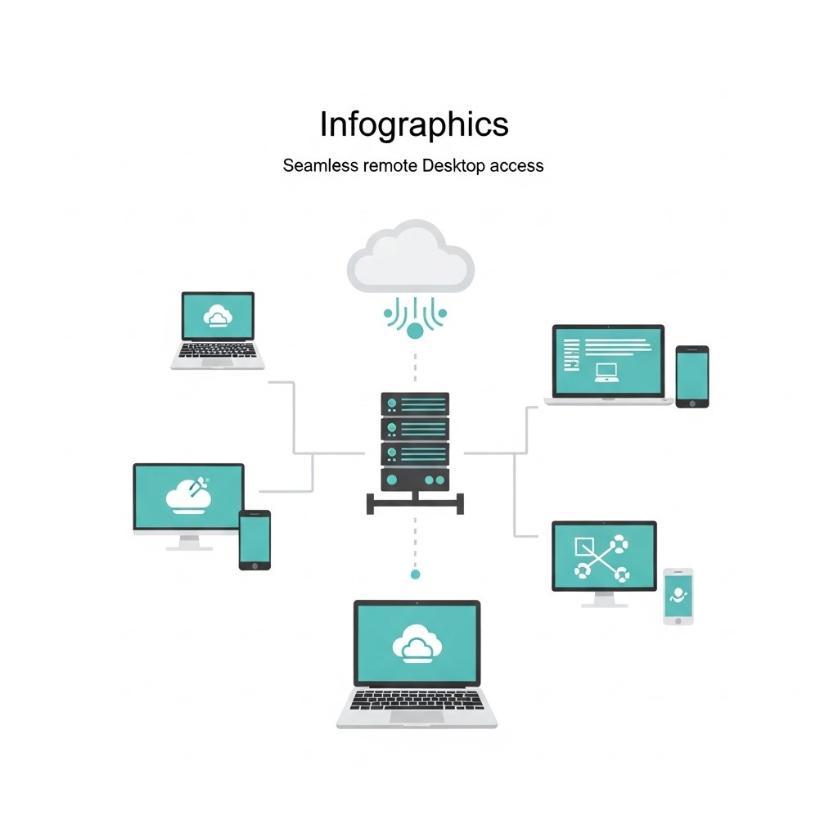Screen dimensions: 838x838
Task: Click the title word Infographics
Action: (x=414, y=125)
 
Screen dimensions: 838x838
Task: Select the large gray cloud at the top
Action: (x=411, y=256)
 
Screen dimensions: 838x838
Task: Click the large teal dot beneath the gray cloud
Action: (x=415, y=331)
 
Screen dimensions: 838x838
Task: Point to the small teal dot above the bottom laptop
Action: (x=415, y=574)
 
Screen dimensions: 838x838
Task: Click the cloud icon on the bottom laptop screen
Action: (x=417, y=643)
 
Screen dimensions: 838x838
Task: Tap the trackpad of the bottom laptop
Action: (x=417, y=717)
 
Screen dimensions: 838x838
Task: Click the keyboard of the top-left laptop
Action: (x=218, y=350)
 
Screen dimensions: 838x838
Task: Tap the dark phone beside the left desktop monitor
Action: (x=255, y=540)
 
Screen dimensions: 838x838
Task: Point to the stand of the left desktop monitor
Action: (x=189, y=543)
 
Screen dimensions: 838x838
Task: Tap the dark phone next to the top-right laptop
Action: (x=692, y=376)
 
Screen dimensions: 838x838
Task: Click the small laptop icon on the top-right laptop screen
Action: (x=606, y=372)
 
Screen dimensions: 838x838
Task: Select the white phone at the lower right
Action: (x=678, y=597)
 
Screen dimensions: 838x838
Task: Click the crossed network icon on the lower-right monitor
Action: (x=601, y=558)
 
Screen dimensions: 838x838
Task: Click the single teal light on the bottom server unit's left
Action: (x=392, y=480)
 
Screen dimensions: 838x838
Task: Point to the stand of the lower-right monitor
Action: (x=605, y=600)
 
